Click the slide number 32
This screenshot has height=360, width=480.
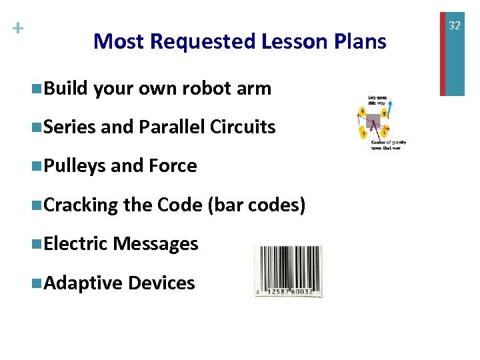click(455, 25)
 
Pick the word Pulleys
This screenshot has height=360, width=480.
click(74, 166)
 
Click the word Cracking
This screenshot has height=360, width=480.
click(81, 205)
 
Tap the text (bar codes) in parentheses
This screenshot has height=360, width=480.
click(257, 205)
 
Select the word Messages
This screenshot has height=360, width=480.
click(155, 244)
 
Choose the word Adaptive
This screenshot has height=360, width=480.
click(82, 283)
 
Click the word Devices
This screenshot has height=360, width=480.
click(161, 283)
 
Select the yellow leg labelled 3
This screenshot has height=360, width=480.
click(363, 133)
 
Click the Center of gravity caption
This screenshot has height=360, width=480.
click(389, 145)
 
